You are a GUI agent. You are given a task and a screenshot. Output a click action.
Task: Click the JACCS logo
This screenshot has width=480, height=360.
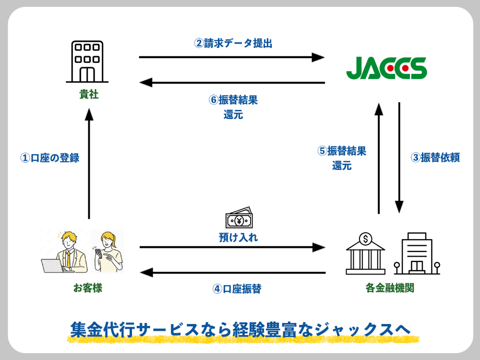(386, 69)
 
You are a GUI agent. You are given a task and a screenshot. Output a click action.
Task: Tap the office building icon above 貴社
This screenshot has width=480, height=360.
(87, 61)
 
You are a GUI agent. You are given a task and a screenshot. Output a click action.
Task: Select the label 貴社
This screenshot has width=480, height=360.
(89, 95)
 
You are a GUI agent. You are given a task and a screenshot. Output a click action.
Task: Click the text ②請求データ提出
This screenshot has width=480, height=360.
(233, 43)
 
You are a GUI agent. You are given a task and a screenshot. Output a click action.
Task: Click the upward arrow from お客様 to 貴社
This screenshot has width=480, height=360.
(89, 163)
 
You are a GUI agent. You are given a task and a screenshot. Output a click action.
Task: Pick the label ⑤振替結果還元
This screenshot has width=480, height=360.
(342, 158)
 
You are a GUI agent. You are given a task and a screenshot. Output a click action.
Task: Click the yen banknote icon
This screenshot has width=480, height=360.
(239, 219)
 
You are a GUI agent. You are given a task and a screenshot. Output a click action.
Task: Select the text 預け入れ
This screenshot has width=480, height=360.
(239, 237)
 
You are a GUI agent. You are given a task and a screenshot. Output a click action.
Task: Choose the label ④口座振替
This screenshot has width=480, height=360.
(237, 289)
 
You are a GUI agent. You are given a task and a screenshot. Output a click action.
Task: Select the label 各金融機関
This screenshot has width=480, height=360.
(390, 288)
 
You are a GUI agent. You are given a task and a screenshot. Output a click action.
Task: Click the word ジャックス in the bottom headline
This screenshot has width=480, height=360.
(353, 329)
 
